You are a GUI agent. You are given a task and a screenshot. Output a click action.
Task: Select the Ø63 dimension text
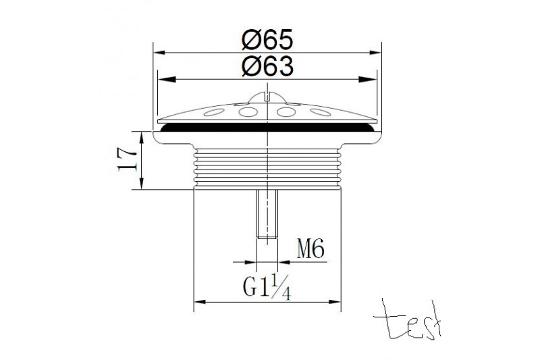pyautogui.click(x=267, y=66)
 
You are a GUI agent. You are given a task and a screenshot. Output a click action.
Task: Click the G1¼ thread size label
pyautogui.click(x=267, y=286)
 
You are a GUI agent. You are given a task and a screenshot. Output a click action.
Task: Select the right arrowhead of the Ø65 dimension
pyautogui.click(x=375, y=53)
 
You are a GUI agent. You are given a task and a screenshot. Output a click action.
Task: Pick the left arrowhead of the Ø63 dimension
pyautogui.click(x=167, y=80)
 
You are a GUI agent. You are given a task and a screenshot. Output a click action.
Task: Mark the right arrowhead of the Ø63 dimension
pyautogui.click(x=368, y=80)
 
